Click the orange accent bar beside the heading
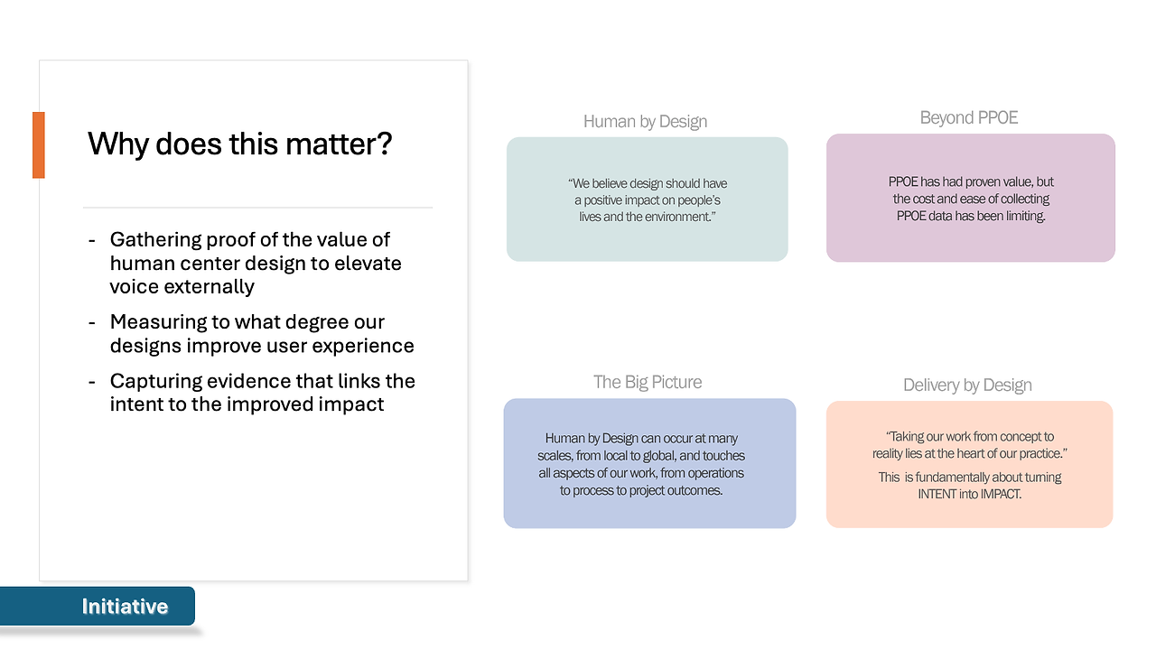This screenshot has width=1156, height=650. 39,145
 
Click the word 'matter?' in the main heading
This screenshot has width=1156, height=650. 339,144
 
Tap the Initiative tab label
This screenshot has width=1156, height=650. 125,606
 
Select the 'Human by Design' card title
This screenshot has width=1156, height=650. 645,121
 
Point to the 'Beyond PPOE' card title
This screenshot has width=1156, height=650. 969,117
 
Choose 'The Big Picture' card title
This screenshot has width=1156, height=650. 648,382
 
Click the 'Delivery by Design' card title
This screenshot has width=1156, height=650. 967,385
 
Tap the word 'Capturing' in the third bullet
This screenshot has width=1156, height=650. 155,382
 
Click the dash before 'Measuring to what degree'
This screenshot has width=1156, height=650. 92,323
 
